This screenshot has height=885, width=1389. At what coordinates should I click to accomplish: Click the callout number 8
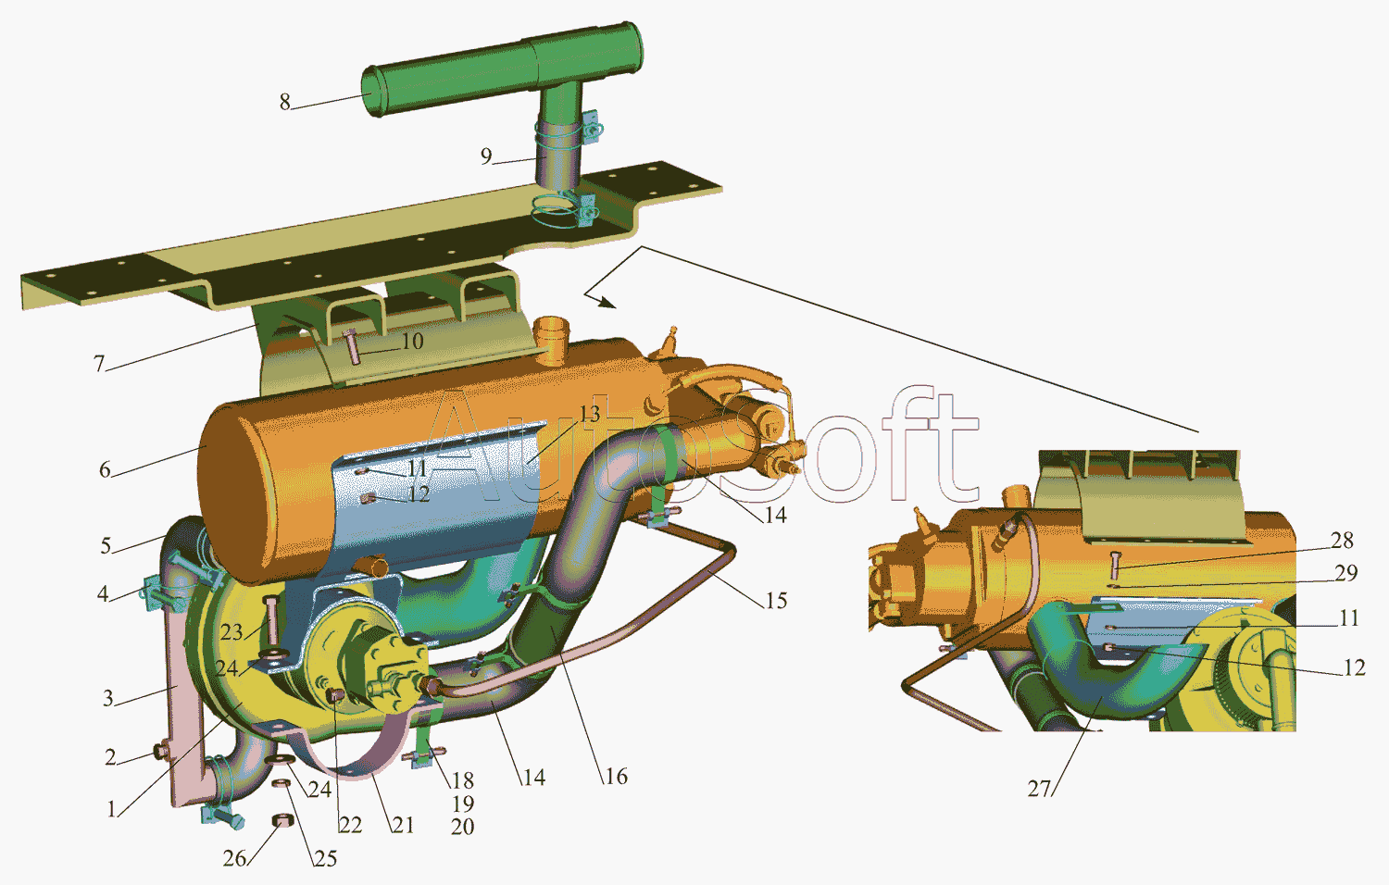tap(284, 102)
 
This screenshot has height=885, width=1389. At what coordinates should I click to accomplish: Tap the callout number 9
tap(486, 156)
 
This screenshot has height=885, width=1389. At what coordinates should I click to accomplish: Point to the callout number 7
tap(99, 363)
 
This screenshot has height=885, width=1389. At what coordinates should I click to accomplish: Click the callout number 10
tap(412, 341)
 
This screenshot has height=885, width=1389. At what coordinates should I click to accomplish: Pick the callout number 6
tap(105, 469)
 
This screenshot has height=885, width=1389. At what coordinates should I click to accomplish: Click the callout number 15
tap(776, 600)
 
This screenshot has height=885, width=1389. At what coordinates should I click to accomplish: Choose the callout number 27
tap(1039, 789)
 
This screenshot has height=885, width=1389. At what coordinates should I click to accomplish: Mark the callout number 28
tap(1342, 541)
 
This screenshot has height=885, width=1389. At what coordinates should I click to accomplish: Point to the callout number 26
tap(234, 858)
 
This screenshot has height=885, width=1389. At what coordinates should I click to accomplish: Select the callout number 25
tap(326, 858)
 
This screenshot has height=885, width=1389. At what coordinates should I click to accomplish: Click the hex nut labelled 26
tap(282, 822)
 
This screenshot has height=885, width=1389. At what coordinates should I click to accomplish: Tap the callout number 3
tap(108, 698)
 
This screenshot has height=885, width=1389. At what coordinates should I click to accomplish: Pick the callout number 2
tap(110, 756)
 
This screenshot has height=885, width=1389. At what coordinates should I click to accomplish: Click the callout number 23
tap(231, 632)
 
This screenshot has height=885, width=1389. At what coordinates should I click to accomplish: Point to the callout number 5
tap(106, 545)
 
